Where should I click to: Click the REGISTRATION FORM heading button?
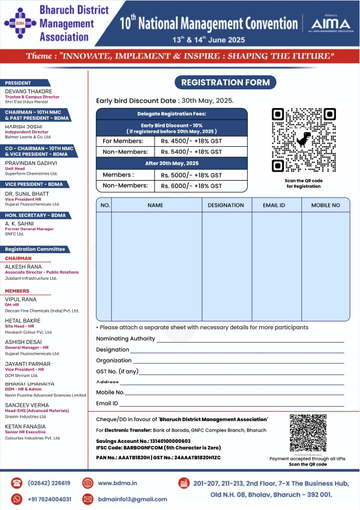point(226,82)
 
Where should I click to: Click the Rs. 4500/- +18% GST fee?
point(191,141)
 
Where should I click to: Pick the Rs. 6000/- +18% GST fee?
point(191,186)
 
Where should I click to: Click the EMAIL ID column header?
point(274,205)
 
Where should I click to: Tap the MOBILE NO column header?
point(326,205)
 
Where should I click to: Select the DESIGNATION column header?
point(226,205)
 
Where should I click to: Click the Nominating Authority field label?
point(126,339)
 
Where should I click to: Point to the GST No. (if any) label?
point(117,371)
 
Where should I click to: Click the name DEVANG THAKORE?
point(28,91)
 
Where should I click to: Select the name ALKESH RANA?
point(24,266)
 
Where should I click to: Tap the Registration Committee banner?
point(35,249)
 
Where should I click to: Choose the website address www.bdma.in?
point(118,483)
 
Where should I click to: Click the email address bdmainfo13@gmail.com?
point(132,499)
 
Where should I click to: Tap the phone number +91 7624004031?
point(50,499)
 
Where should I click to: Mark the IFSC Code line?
point(158,448)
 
